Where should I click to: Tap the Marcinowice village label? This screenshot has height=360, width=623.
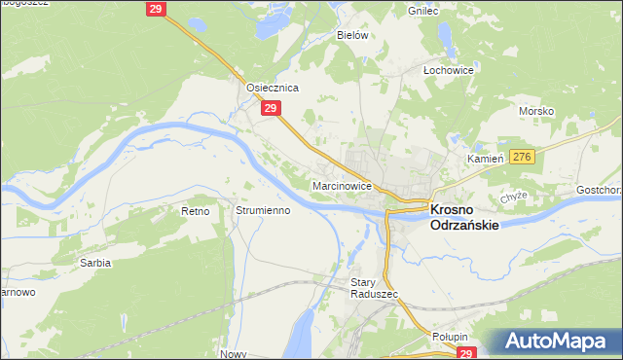coord(342,185)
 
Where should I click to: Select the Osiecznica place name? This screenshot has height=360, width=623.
coord(272,87)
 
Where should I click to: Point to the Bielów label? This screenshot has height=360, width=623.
coord(352,34)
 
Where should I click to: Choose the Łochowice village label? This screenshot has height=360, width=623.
coord(448,70)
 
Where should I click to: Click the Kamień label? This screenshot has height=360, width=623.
coord(483,157)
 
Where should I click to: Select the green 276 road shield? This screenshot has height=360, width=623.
coord(522,157)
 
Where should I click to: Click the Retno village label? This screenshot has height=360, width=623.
coord(197,210)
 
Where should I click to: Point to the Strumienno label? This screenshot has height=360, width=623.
coord(263,210)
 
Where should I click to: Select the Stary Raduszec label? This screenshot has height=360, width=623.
coord(369,290)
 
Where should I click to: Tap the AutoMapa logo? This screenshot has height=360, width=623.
coord(557,342)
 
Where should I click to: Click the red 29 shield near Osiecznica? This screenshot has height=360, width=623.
coord(272,110)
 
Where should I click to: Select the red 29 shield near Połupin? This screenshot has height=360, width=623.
coord(468,354)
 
